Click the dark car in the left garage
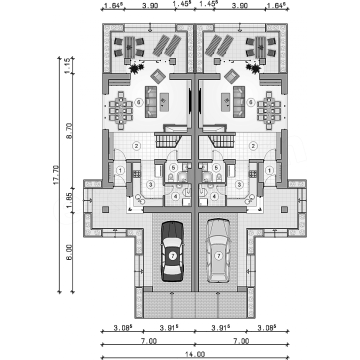(x=172, y=251)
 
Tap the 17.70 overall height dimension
(x=56, y=175)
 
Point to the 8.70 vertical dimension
(x=69, y=131)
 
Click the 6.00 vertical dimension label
(x=69, y=252)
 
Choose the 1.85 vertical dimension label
(x=69, y=199)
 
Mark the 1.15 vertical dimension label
(x=67, y=66)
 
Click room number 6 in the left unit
(x=138, y=102)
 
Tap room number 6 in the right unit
(x=251, y=102)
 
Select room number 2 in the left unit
(x=136, y=146)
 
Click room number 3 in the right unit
(x=239, y=184)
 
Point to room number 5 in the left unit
(x=173, y=167)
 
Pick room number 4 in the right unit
(x=214, y=196)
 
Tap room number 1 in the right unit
(x=269, y=170)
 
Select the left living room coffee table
(x=164, y=102)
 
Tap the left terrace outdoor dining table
(x=129, y=47)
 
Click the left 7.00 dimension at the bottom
(x=149, y=341)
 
